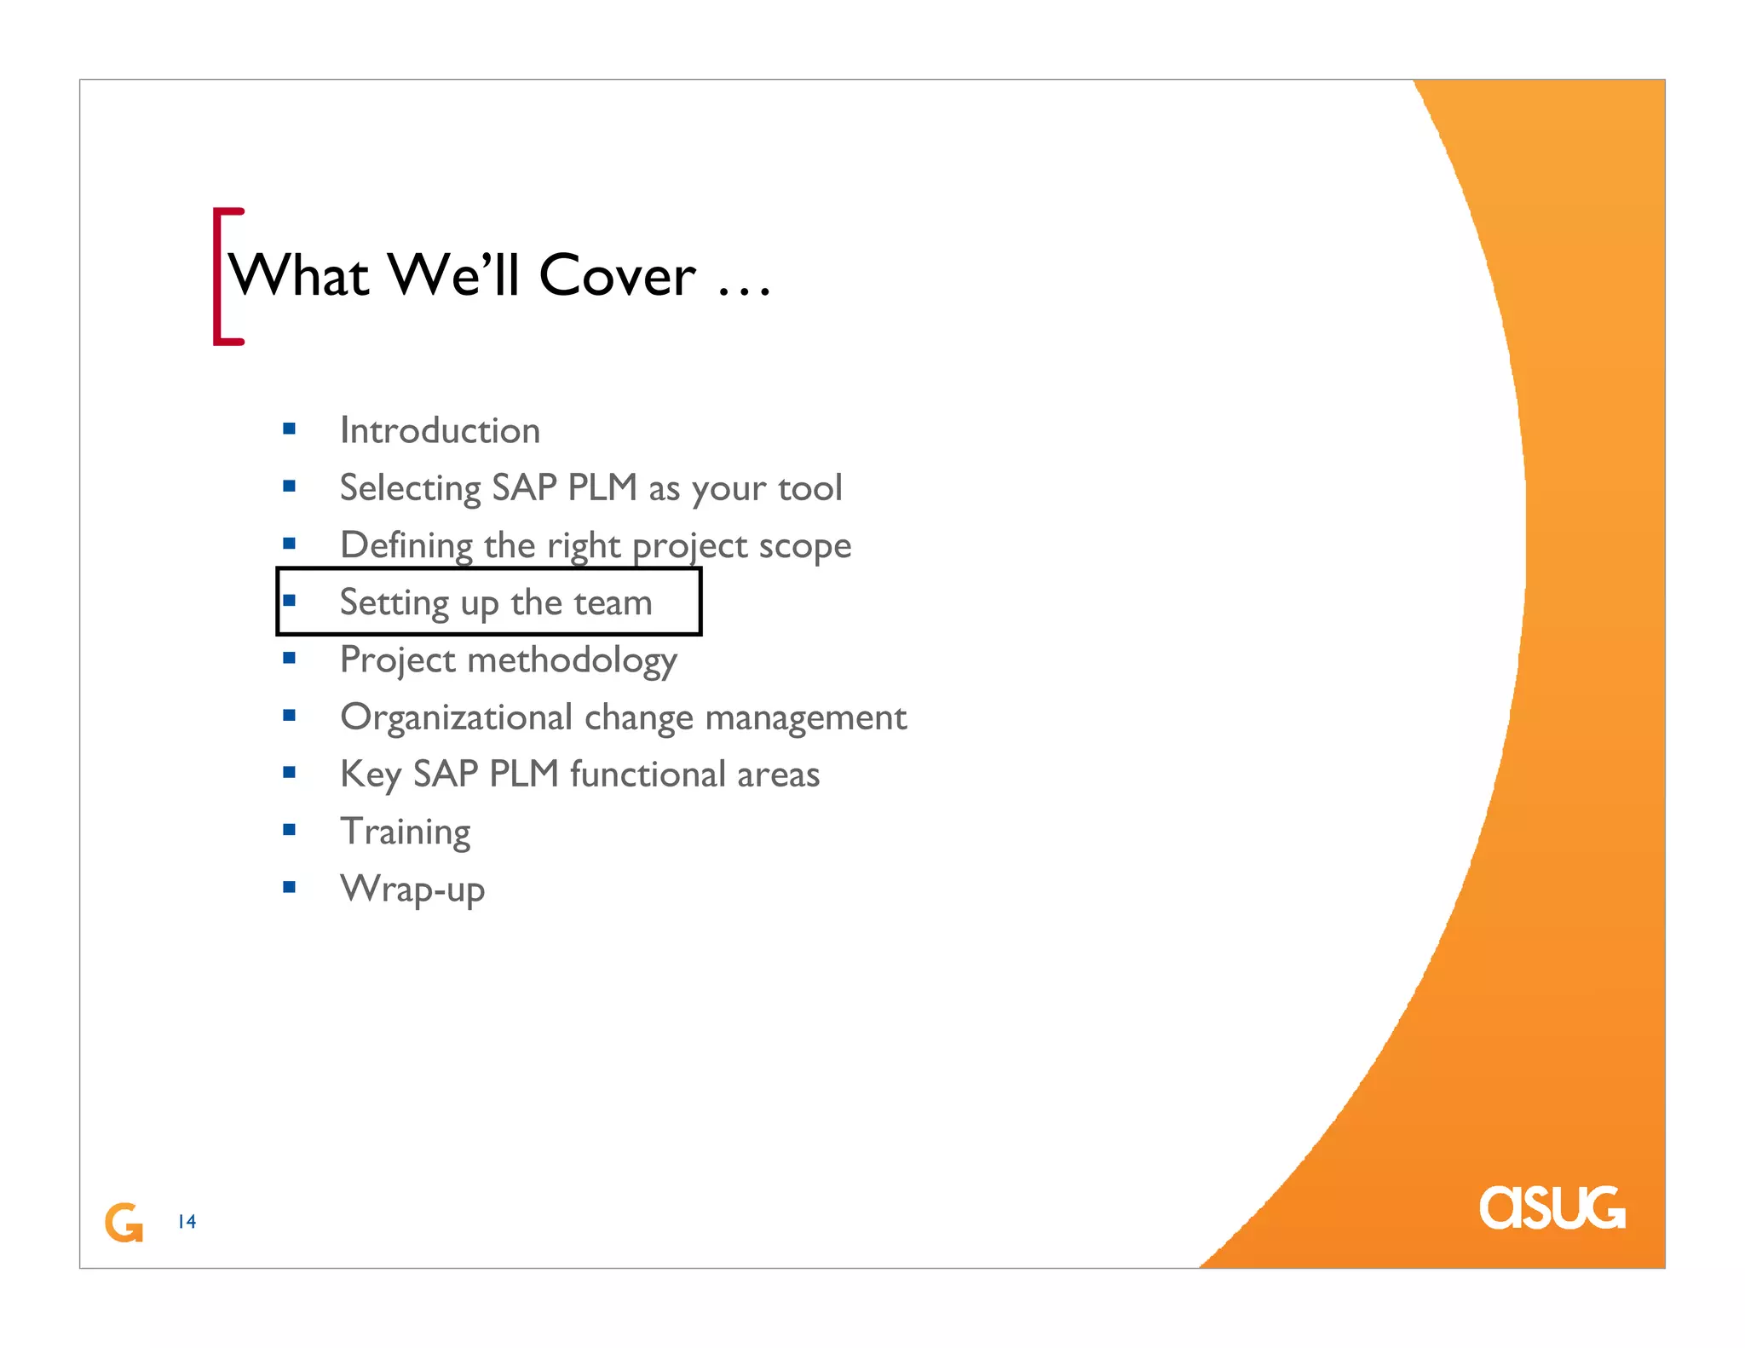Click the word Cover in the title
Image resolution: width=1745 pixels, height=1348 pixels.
[617, 276]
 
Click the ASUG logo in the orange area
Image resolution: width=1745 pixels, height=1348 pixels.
[1552, 1207]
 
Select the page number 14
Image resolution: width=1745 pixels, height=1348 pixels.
[187, 1222]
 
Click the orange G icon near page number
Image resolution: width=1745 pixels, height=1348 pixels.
[124, 1223]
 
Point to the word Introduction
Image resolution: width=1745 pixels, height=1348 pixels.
[440, 430]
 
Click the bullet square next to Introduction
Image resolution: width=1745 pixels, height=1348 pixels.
[289, 429]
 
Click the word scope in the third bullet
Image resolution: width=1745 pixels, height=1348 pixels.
[804, 545]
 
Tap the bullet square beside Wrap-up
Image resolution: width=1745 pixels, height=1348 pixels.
[289, 887]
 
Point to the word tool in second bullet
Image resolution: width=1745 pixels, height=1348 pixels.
[809, 488]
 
